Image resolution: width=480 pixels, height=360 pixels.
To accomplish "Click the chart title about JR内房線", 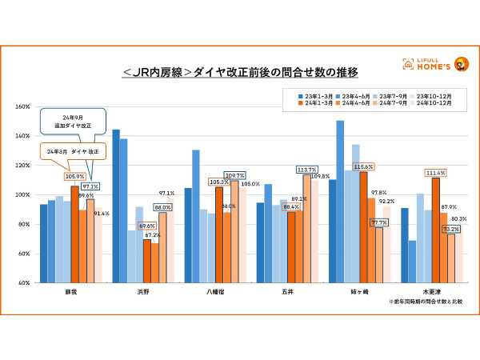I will coord(240,73).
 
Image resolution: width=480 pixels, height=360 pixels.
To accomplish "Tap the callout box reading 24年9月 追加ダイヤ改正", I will coord(71,122).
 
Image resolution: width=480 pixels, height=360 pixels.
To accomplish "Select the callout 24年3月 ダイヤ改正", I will coord(71,151).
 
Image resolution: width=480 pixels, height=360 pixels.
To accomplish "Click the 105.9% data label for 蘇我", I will coord(74,177).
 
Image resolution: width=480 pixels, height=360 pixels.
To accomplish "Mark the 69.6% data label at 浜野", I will coord(147,226).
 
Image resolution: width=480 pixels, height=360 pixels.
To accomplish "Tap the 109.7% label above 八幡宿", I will coord(234,175).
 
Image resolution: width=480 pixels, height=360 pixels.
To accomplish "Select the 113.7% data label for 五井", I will coord(306,170).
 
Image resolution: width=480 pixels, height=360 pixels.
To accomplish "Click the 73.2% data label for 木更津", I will coord(450,229).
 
